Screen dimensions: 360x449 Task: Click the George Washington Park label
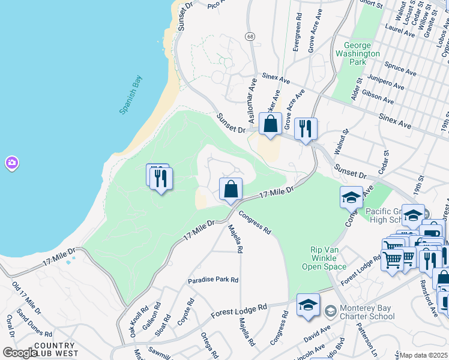click(362, 53)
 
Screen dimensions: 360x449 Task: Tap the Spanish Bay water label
click(130, 94)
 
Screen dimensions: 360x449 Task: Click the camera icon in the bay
click(11, 163)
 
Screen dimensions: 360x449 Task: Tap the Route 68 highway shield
click(250, 37)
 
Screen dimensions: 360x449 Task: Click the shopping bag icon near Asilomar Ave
click(271, 125)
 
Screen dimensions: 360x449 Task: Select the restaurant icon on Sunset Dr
click(306, 128)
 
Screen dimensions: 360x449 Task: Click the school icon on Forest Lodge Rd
click(308, 305)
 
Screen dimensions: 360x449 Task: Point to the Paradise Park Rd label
click(213, 280)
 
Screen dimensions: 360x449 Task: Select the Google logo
click(20, 353)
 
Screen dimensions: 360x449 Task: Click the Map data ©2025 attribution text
click(424, 355)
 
